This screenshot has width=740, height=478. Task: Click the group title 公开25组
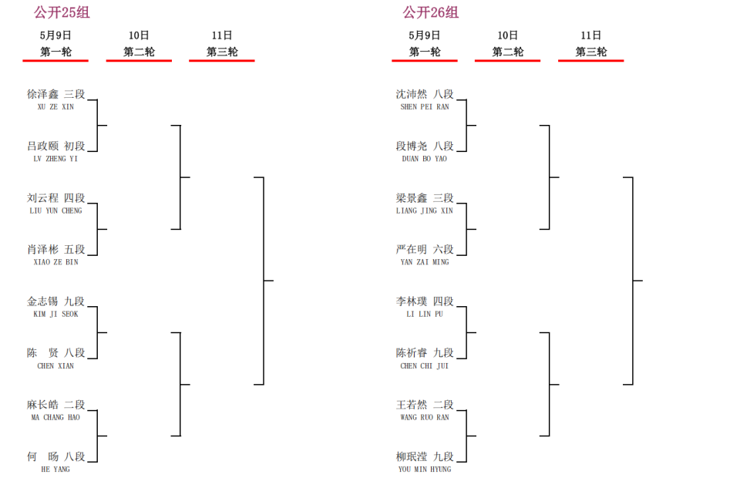pyautogui.click(x=62, y=12)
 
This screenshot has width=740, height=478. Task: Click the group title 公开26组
pyautogui.click(x=430, y=12)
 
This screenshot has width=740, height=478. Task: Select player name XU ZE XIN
pyautogui.click(x=55, y=107)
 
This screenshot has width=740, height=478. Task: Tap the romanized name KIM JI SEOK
pyautogui.click(x=55, y=315)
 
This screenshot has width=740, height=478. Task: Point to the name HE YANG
pyautogui.click(x=55, y=470)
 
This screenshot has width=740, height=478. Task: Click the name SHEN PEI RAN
pyautogui.click(x=425, y=107)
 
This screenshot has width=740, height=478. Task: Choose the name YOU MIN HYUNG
pyautogui.click(x=425, y=470)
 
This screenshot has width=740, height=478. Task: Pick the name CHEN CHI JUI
pyautogui.click(x=425, y=366)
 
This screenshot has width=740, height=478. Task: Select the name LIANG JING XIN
pyautogui.click(x=425, y=211)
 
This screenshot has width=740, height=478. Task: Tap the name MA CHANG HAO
pyautogui.click(x=55, y=418)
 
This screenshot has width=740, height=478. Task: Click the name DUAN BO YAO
pyautogui.click(x=425, y=159)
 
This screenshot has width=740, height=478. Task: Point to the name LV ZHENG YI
pyautogui.click(x=55, y=159)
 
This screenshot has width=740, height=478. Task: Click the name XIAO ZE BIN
pyautogui.click(x=55, y=262)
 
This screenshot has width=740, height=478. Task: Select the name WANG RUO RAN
pyautogui.click(x=425, y=418)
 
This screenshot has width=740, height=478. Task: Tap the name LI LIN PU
pyautogui.click(x=425, y=315)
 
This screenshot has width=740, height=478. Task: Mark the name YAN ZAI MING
pyautogui.click(x=425, y=262)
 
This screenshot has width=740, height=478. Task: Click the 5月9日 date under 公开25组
pyautogui.click(x=55, y=35)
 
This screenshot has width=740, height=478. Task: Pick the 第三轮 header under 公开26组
pyautogui.click(x=591, y=52)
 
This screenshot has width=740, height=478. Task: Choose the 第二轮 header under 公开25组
pyautogui.click(x=139, y=52)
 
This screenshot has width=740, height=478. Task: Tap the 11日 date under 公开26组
pyautogui.click(x=591, y=35)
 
